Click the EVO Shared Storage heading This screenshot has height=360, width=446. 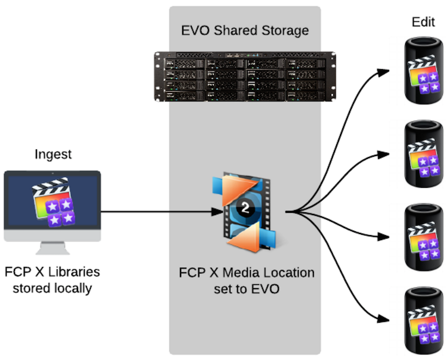coord(245,30)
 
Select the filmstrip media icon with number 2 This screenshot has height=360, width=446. coord(246,212)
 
